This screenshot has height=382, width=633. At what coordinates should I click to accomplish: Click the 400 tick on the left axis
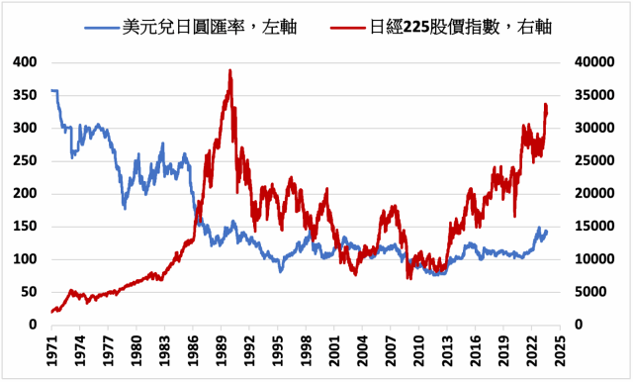click(25, 62)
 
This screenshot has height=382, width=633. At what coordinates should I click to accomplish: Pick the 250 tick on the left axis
click(25, 160)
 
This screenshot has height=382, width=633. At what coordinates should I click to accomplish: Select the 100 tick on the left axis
click(25, 259)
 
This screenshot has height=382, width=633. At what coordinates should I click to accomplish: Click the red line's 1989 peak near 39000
click(229, 71)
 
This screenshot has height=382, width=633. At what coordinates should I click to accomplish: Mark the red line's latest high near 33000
click(545, 105)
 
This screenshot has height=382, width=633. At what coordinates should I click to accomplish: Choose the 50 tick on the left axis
click(29, 292)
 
